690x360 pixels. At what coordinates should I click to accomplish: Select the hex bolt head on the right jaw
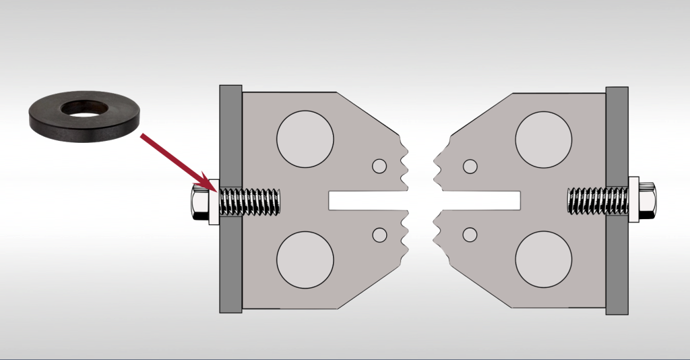pyautogui.click(x=649, y=200)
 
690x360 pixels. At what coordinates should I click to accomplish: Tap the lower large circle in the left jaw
pyautogui.click(x=305, y=261)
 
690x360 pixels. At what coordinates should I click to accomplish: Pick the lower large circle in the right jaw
pyautogui.click(x=543, y=261)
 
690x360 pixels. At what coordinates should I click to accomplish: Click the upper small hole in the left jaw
pyautogui.click(x=379, y=166)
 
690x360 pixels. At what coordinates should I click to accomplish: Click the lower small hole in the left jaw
pyautogui.click(x=379, y=235)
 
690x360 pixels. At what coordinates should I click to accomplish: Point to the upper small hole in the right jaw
pyautogui.click(x=470, y=166)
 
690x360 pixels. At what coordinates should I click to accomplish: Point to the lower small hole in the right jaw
pyautogui.click(x=470, y=235)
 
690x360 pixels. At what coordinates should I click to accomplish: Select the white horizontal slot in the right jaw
pyautogui.click(x=482, y=200)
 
